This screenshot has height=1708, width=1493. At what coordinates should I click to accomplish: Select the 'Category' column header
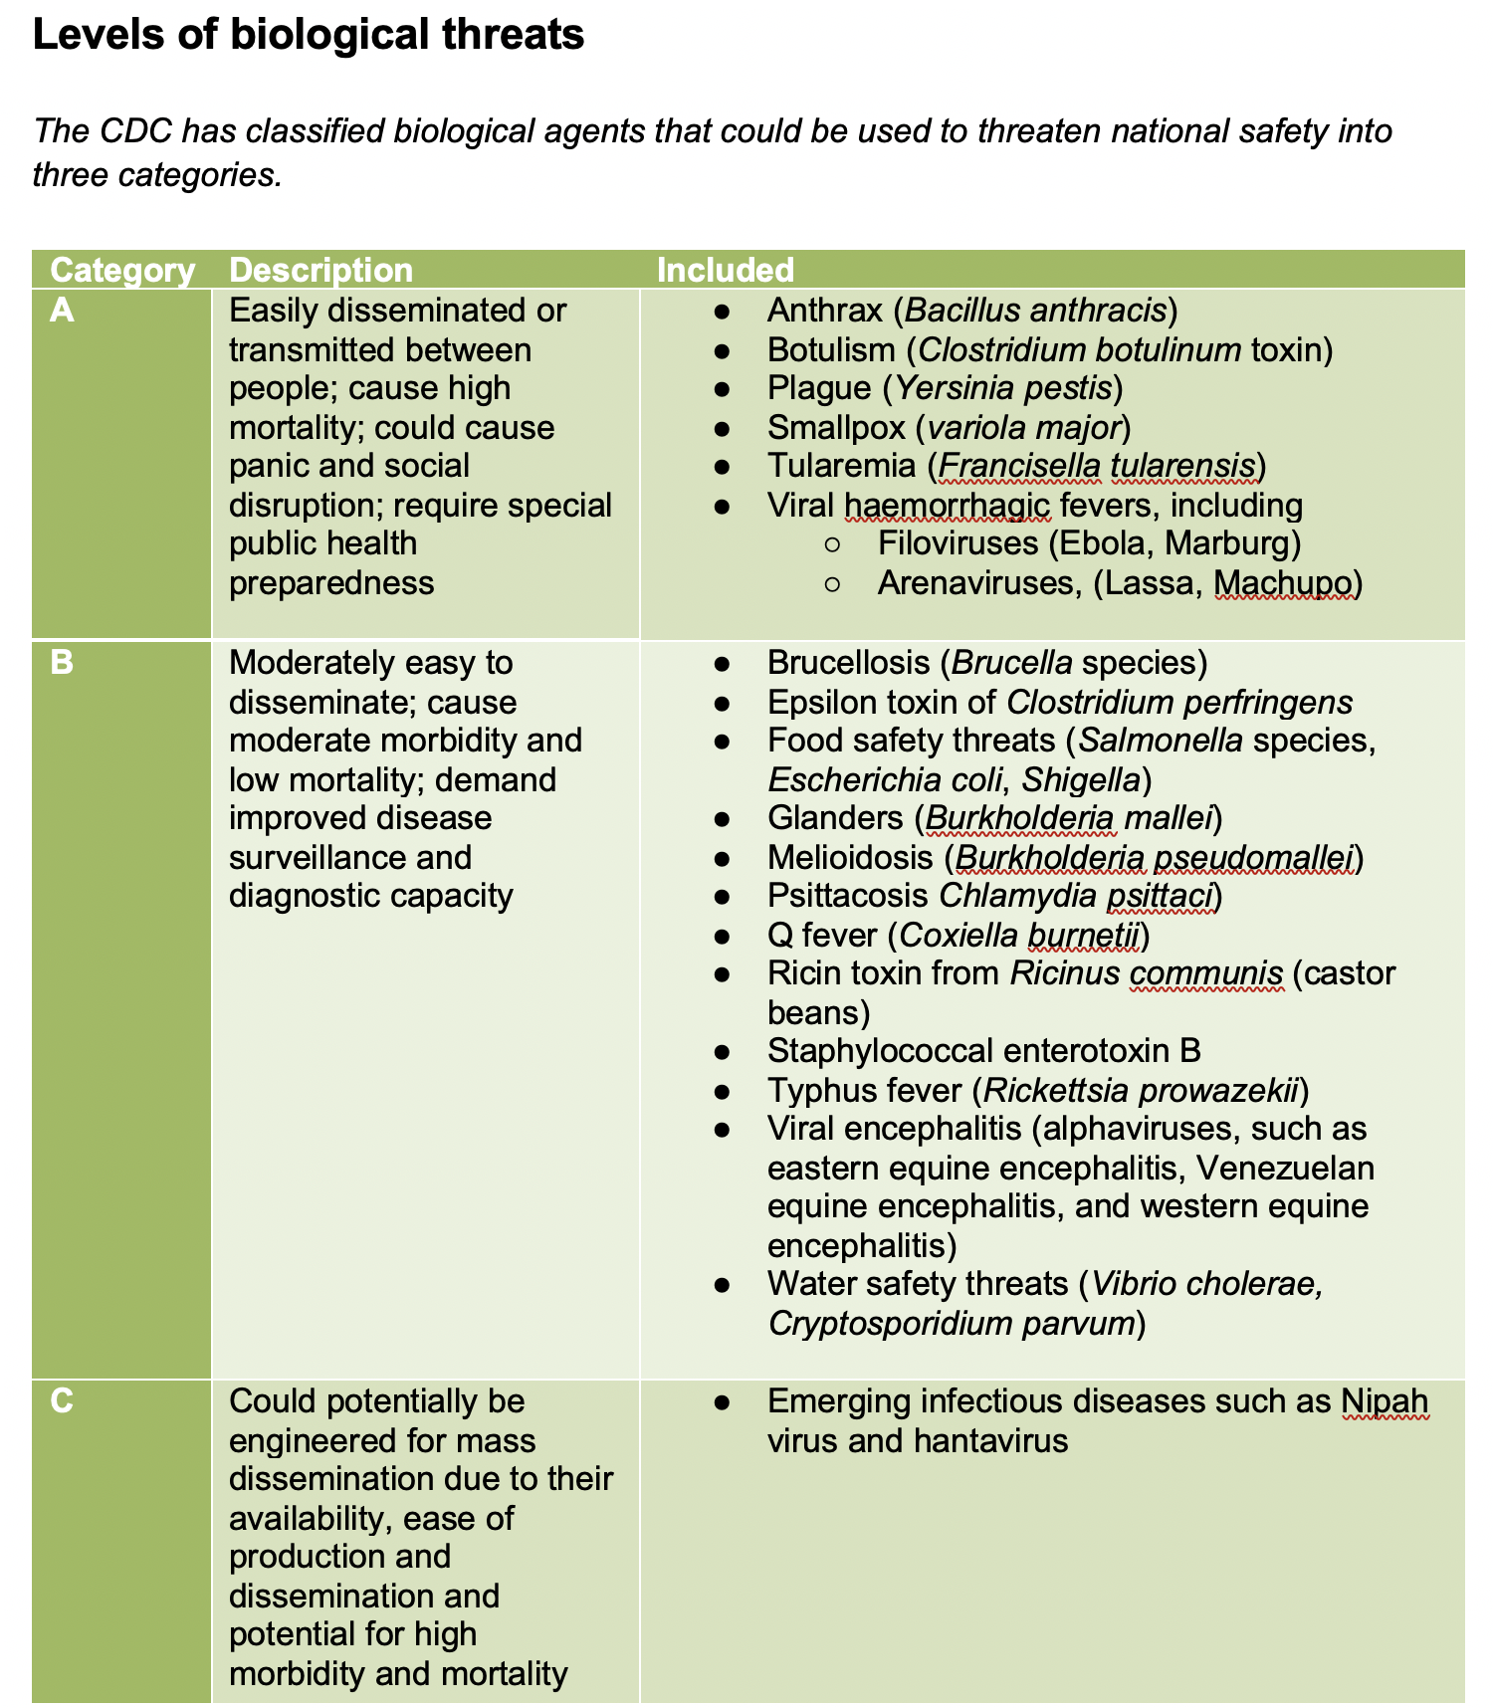(122, 270)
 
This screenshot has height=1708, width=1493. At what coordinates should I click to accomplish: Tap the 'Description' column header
(320, 270)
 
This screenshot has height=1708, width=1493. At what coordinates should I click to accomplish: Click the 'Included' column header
(725, 270)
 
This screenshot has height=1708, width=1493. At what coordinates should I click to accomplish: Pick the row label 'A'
(62, 311)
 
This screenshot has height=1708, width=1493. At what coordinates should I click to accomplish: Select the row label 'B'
(62, 662)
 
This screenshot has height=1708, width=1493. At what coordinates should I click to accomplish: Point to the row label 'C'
(62, 1400)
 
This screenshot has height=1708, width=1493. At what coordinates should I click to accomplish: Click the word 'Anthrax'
(824, 311)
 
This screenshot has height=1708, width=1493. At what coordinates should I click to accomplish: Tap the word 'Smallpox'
(836, 427)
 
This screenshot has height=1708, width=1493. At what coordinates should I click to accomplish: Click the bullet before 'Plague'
(723, 389)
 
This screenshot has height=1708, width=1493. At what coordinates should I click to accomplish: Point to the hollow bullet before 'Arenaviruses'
(833, 583)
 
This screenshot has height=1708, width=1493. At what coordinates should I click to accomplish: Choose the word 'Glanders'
(835, 818)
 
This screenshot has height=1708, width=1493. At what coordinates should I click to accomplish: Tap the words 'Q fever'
(822, 936)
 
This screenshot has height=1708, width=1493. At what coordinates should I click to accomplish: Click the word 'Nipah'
(1384, 1401)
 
